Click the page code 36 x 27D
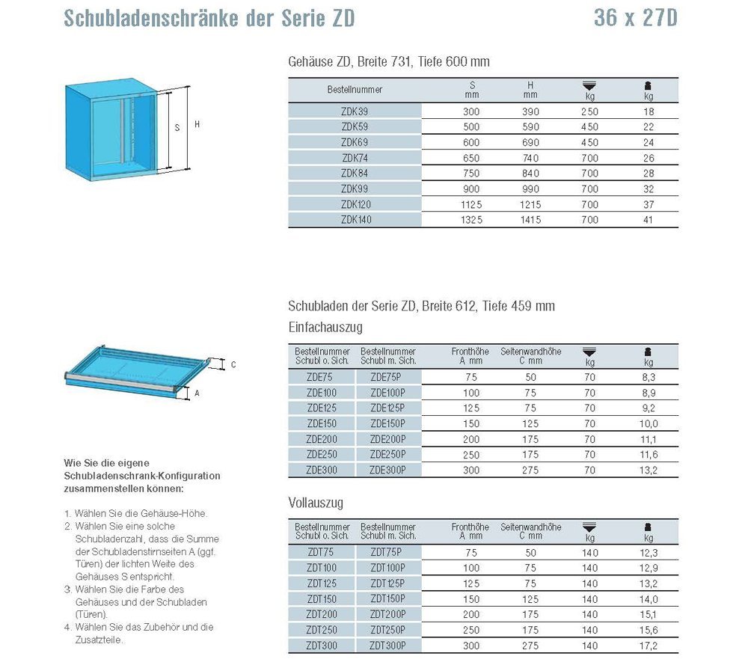(x=635, y=18)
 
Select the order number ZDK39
(x=355, y=111)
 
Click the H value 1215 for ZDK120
(x=530, y=204)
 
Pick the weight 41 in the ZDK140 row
(x=648, y=220)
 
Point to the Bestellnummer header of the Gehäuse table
(x=355, y=90)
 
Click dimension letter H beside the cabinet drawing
(x=197, y=125)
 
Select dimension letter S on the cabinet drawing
(x=177, y=128)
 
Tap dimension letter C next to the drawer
(x=233, y=365)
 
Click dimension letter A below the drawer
(x=197, y=392)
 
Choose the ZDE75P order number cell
(x=387, y=378)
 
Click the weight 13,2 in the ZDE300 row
(x=648, y=470)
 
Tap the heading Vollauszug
(x=316, y=502)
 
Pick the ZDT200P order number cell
(x=387, y=613)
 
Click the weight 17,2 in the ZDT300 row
(x=648, y=645)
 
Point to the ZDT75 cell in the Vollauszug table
(x=321, y=552)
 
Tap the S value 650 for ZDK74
(x=472, y=158)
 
